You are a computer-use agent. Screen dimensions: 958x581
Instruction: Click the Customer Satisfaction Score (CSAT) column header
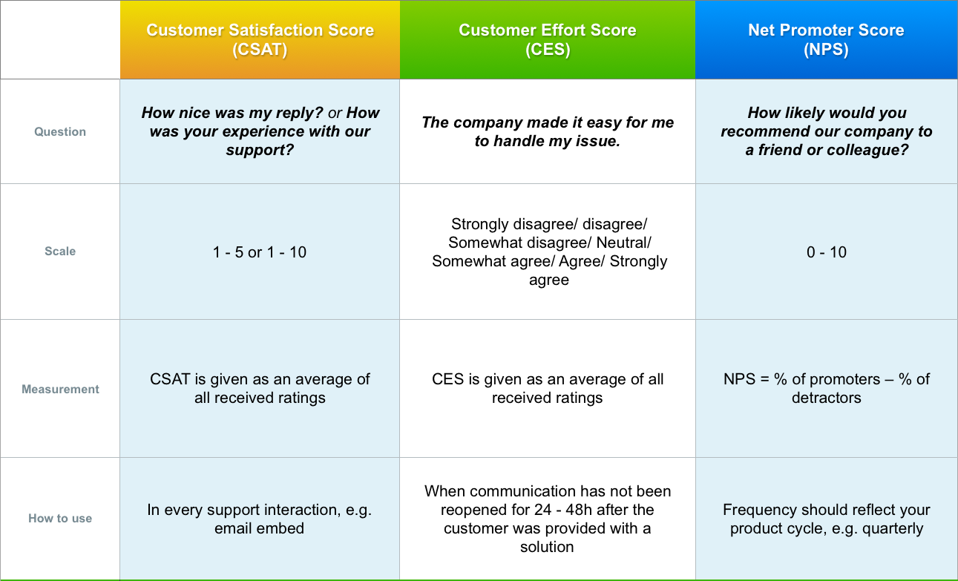(x=260, y=40)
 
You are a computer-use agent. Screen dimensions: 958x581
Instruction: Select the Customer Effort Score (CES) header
(x=548, y=40)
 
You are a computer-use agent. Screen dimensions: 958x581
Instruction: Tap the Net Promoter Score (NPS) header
(x=826, y=40)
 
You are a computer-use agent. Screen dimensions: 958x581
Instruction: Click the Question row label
(x=60, y=131)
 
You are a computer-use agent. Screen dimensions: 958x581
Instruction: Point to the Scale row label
(x=60, y=251)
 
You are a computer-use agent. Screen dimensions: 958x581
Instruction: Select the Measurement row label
(x=60, y=389)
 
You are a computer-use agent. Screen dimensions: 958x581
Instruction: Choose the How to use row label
(x=60, y=518)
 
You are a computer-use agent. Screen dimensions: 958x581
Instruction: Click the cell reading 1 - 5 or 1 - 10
(x=260, y=252)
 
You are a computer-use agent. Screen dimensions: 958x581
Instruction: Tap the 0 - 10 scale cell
(x=826, y=252)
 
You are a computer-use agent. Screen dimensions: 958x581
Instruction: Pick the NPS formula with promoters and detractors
(x=826, y=388)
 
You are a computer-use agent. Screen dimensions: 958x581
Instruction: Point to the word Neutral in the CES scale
(x=623, y=243)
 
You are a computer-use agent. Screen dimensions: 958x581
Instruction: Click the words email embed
(x=259, y=528)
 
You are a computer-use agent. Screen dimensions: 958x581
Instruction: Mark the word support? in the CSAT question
(x=260, y=151)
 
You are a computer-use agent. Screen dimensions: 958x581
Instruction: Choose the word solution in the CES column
(x=547, y=547)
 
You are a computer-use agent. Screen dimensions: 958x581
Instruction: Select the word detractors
(x=826, y=398)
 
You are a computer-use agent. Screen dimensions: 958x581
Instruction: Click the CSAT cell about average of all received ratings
(x=260, y=388)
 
